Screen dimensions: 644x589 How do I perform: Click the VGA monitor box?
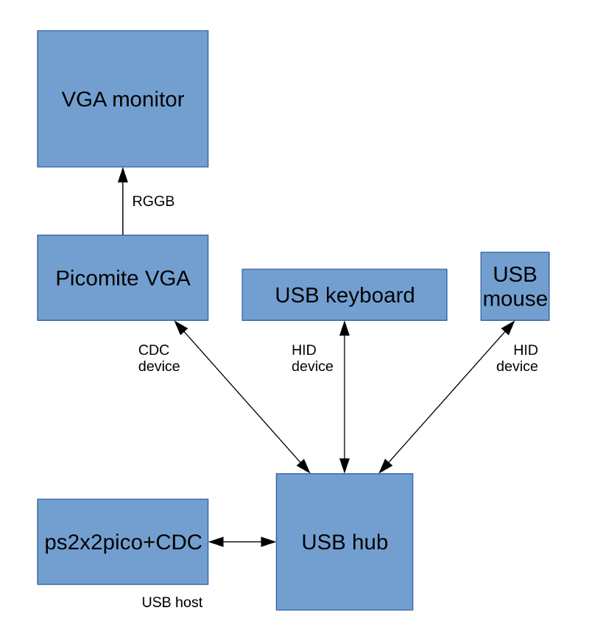point(123,99)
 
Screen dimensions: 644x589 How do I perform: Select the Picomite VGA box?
point(123,277)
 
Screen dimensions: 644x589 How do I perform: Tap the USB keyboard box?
point(345,294)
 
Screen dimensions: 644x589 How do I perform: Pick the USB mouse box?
point(515,286)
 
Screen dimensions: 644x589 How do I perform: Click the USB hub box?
point(345,542)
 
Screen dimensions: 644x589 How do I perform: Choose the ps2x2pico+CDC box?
point(123,542)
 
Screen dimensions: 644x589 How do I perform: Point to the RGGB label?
point(153,201)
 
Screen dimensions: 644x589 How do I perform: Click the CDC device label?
point(159,358)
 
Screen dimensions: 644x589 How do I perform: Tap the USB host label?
point(172,602)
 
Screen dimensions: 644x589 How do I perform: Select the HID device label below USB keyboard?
point(312,358)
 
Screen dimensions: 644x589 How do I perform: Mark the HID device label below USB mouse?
point(517,358)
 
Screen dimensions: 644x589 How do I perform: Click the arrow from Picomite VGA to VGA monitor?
point(123,206)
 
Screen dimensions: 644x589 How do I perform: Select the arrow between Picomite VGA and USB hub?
point(241,396)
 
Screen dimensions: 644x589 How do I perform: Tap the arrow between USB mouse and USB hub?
point(446,396)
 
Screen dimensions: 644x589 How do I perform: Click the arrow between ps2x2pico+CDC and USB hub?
point(242,542)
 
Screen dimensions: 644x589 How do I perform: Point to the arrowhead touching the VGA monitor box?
point(123,174)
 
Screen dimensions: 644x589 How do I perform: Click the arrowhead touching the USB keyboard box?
point(345,328)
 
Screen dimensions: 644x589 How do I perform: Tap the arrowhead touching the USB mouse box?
point(509,328)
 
